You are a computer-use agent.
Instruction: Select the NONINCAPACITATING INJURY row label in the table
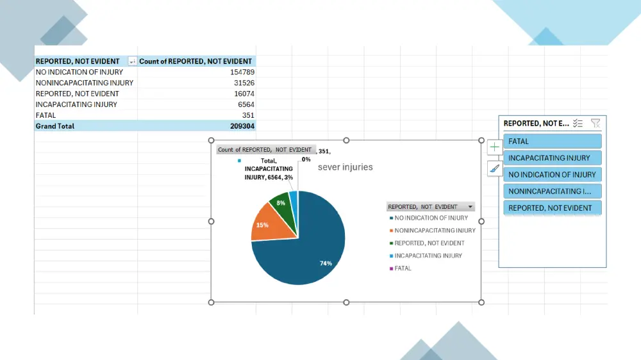[x=85, y=83]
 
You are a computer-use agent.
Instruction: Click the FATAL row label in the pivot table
[x=46, y=115]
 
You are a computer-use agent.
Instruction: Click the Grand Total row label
[x=55, y=126]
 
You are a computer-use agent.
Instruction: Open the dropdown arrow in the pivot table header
[x=132, y=61]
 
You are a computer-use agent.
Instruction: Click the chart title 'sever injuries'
[x=345, y=167]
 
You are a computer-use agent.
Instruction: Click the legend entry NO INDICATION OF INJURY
[x=431, y=218]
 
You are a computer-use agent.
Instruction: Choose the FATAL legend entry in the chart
[x=403, y=268]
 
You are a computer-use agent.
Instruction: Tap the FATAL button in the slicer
[x=553, y=141]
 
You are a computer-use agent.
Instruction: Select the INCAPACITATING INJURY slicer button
[x=553, y=158]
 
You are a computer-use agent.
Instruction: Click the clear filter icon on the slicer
[x=595, y=123]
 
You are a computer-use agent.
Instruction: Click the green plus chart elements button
[x=494, y=147]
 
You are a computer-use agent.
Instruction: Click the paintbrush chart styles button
[x=494, y=169]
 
